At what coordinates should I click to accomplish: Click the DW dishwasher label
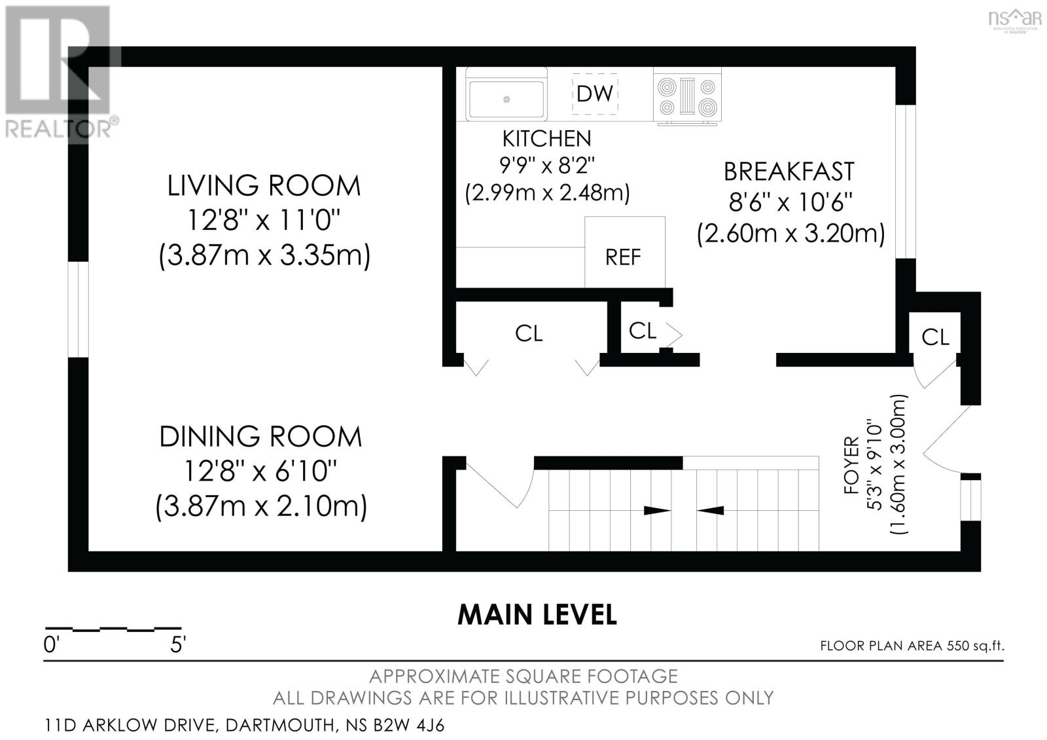click(595, 94)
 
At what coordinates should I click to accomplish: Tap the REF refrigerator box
click(625, 252)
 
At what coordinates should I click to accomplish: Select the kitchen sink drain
click(506, 99)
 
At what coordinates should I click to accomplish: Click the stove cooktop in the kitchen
click(687, 96)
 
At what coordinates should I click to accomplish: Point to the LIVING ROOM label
click(264, 186)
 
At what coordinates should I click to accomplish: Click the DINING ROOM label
click(261, 436)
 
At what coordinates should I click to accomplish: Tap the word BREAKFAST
click(789, 172)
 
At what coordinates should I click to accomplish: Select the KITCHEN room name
click(547, 138)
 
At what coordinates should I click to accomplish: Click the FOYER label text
click(851, 465)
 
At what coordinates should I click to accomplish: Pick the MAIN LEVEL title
click(537, 615)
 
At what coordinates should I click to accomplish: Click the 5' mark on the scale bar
click(178, 645)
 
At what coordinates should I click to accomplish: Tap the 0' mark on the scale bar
click(52, 645)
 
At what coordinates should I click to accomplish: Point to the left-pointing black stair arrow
click(710, 511)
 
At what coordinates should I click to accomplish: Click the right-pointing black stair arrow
click(657, 511)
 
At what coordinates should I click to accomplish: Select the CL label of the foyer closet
click(935, 337)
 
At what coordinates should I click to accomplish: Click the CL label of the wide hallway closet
click(529, 334)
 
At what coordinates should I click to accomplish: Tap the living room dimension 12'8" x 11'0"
click(264, 220)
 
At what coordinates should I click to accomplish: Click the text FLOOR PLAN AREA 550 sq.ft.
click(912, 646)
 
